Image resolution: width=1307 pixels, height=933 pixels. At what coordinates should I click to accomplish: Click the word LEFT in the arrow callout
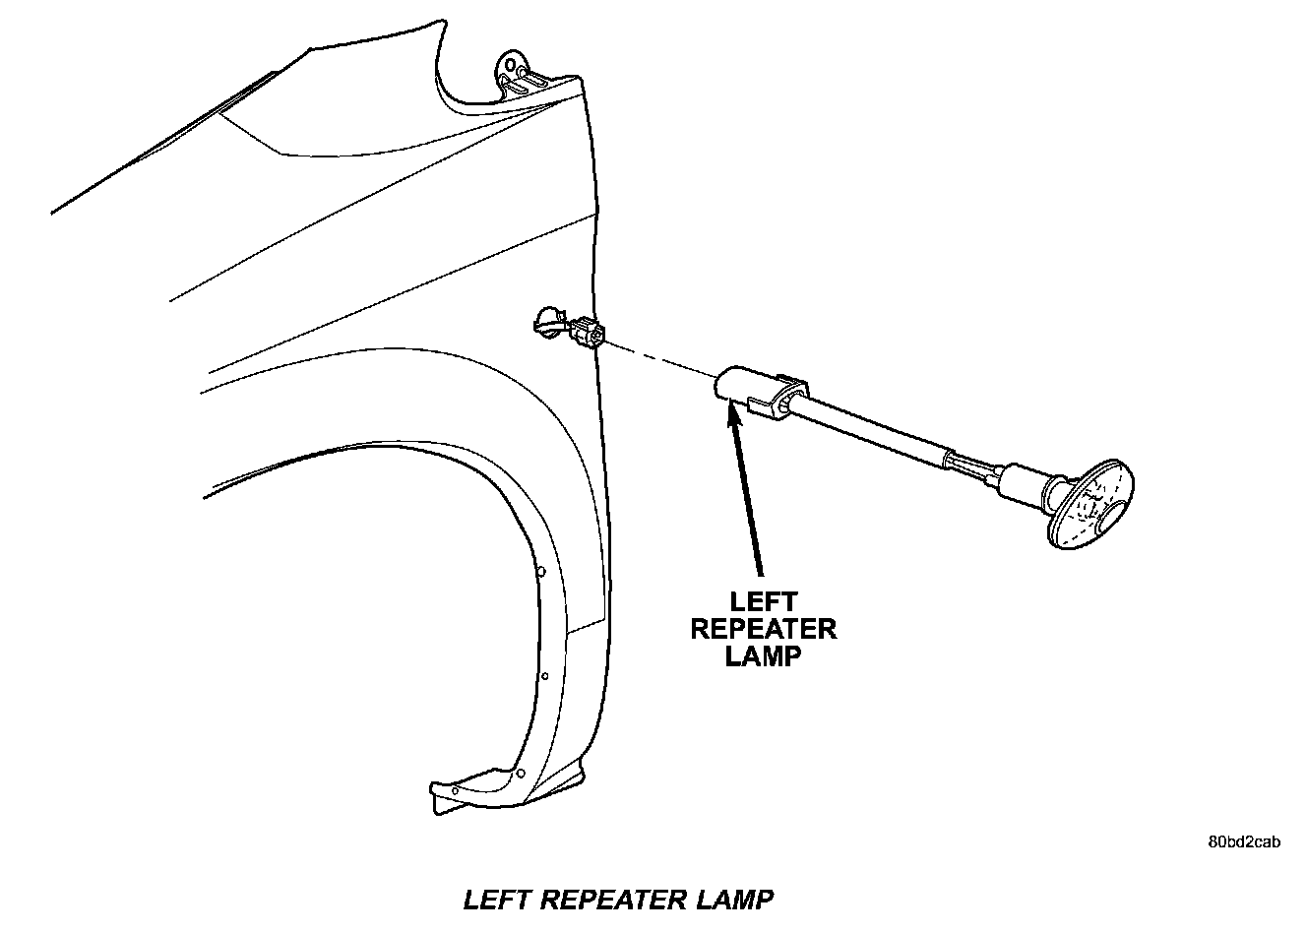coord(763,601)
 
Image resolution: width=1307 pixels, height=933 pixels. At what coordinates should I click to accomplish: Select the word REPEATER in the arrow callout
coord(763,629)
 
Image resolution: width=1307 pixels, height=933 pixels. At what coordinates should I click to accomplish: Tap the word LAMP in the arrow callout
coord(763,655)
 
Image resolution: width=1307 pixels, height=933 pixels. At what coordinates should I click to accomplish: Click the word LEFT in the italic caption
coord(498,900)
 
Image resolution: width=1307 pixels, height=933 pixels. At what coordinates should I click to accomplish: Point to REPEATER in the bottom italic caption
coord(617,900)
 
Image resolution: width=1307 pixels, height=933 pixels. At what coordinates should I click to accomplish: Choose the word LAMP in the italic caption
coord(734,900)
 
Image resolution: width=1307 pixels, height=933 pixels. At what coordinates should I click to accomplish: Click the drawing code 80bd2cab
coord(1244,842)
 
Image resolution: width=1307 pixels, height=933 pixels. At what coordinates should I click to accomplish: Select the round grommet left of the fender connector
coord(547,322)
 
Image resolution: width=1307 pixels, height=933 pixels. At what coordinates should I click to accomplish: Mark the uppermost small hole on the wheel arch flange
coord(540,572)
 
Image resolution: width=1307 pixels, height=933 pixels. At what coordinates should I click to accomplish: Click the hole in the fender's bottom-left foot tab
coord(454,789)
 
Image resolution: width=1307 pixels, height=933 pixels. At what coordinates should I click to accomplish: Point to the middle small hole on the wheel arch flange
coord(544,675)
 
